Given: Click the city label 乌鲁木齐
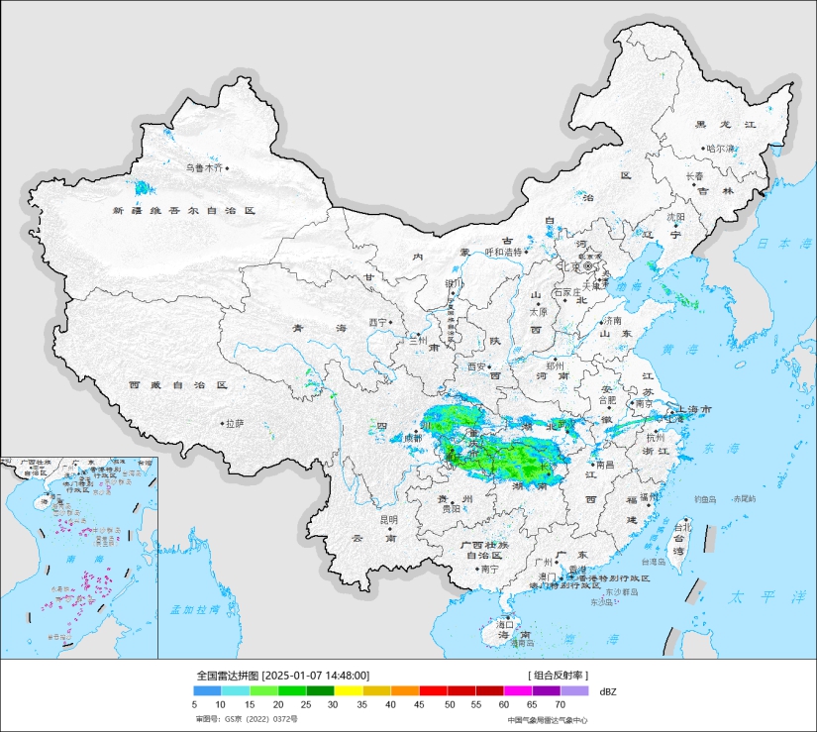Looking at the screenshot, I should tap(205, 168).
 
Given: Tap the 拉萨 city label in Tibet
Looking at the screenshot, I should tap(235, 423).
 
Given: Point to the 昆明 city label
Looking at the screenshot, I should tap(388, 519).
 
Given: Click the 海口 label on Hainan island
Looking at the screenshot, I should tap(505, 624).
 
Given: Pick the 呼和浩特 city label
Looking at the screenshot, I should tap(502, 253).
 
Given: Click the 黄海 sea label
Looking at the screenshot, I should tap(680, 350).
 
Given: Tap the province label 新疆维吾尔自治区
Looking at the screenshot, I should tap(184, 211).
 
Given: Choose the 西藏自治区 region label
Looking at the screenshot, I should tap(178, 384).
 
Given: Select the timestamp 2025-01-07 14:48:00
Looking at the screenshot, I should tap(317, 675).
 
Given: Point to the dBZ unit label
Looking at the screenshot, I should tap(608, 690).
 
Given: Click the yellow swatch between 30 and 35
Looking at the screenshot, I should tap(348, 690).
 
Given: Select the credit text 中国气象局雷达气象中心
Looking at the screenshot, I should tap(548, 720).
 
